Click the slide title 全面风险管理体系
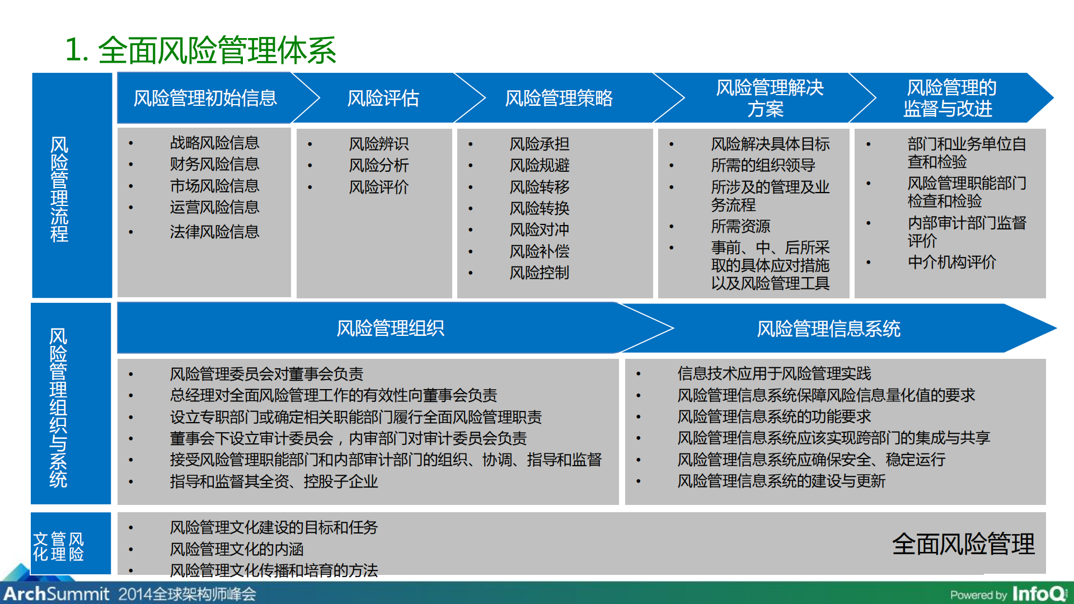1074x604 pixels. [200, 50]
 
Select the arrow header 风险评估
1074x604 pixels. [383, 99]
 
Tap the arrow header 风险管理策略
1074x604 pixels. [558, 99]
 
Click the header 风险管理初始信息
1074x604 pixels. [205, 99]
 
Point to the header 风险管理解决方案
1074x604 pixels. [769, 98]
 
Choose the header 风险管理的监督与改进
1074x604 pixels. [950, 98]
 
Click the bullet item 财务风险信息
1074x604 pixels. [214, 165]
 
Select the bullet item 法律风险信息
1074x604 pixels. [214, 232]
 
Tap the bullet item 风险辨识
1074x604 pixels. [378, 144]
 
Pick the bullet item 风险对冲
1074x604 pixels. [539, 230]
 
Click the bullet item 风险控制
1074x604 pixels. [539, 273]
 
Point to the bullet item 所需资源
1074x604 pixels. [740, 226]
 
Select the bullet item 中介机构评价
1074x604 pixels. [951, 262]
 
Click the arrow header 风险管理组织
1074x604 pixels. [390, 329]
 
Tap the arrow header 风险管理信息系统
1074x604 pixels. [828, 329]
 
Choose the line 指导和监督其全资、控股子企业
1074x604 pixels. [274, 481]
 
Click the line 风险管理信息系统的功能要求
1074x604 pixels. [774, 416]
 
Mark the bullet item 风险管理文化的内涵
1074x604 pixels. [236, 549]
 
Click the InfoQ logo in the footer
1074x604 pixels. [1039, 593]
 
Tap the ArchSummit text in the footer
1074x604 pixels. [56, 593]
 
